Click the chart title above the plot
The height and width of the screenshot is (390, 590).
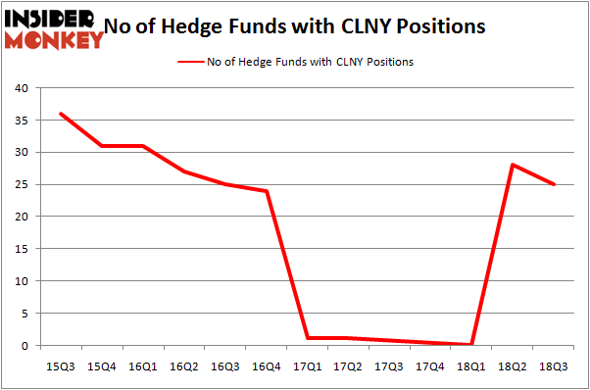coord(295,27)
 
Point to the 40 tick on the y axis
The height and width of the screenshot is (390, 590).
coord(22,88)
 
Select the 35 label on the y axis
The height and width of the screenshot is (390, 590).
coord(22,121)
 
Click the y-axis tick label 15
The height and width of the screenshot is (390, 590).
coord(22,249)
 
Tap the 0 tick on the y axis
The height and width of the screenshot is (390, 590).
coord(25,346)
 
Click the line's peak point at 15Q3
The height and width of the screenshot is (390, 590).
coord(62,114)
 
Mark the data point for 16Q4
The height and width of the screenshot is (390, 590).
coord(266,191)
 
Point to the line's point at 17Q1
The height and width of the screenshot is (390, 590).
coord(307,338)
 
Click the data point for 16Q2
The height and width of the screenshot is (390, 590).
coord(184,171)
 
